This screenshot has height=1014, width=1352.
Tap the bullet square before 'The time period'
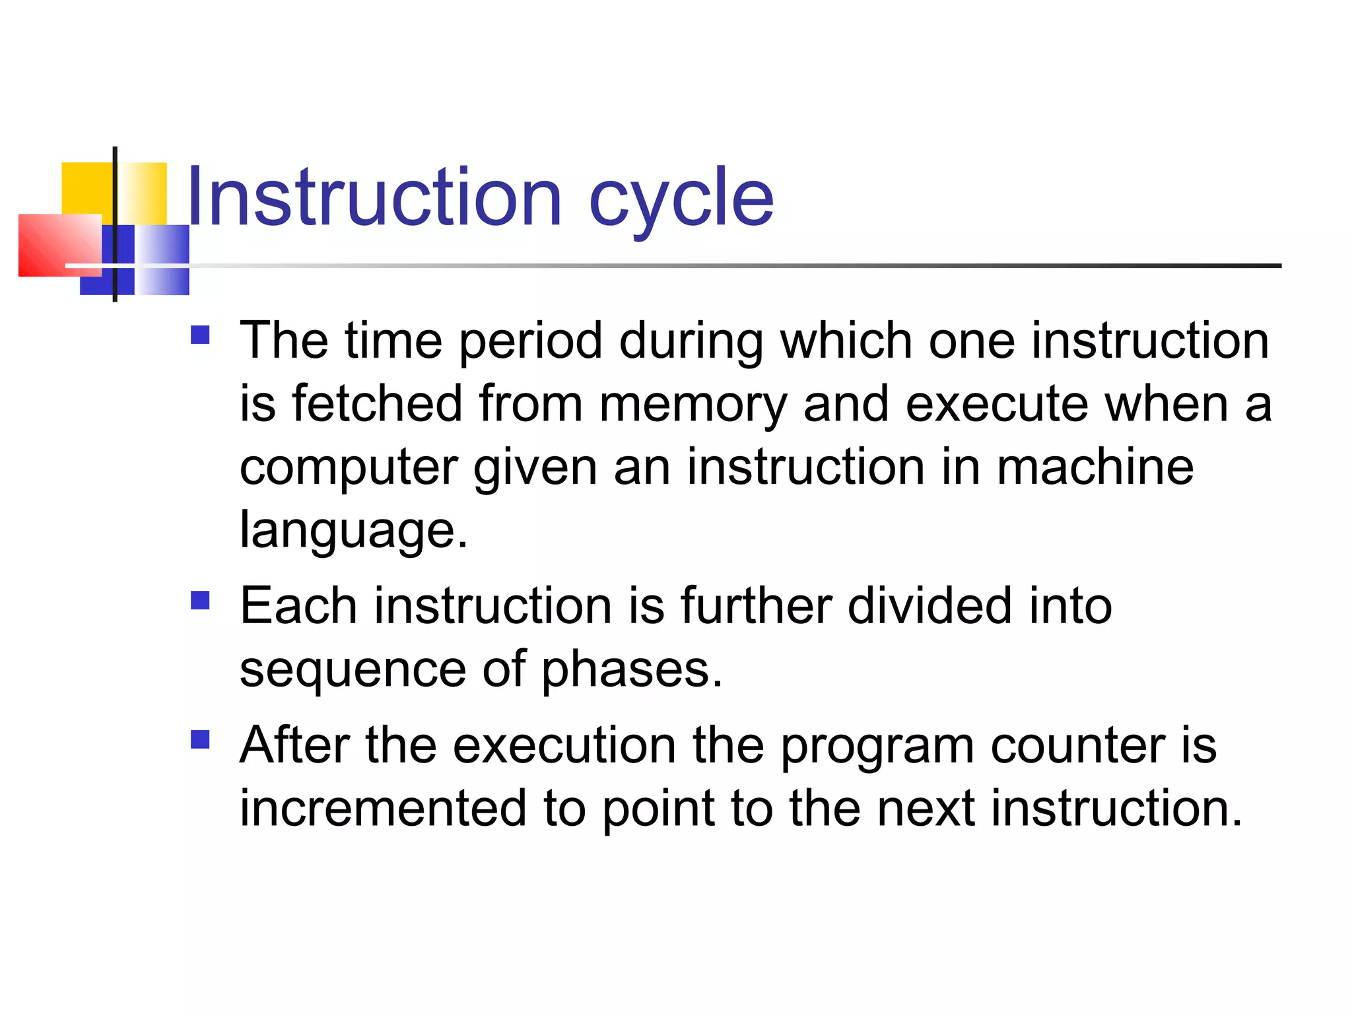[x=200, y=335]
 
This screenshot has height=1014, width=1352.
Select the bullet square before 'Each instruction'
[x=200, y=600]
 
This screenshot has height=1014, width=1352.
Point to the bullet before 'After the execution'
[x=200, y=739]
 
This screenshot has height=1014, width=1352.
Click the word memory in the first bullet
[x=693, y=405]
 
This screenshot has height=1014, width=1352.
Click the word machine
[x=1095, y=467]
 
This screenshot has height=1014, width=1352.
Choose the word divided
[x=929, y=605]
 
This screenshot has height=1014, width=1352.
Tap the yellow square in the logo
[x=86, y=188]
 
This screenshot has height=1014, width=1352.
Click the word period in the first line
[x=531, y=342]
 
